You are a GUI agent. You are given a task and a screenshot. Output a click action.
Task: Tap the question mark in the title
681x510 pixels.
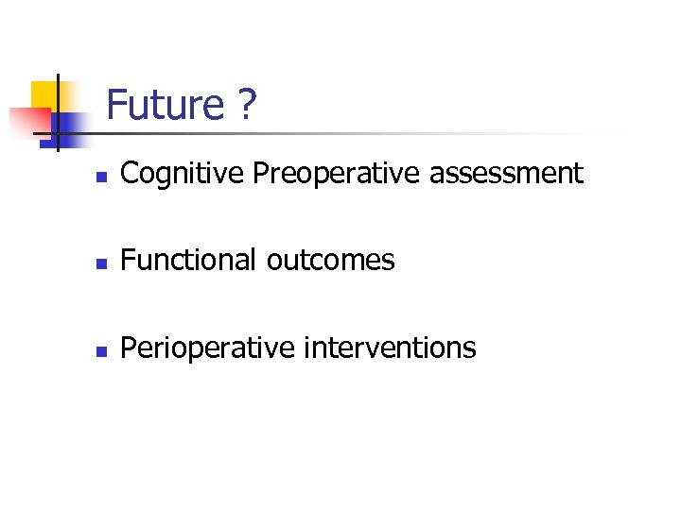pyautogui.click(x=246, y=105)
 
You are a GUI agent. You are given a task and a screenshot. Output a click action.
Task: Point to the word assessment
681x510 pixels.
pyautogui.click(x=504, y=173)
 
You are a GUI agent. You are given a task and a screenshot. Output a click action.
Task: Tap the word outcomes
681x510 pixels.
pyautogui.click(x=330, y=260)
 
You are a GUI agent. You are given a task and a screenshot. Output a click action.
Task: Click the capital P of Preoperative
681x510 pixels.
pyautogui.click(x=261, y=173)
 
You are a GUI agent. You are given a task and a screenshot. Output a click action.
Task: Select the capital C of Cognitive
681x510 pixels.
pyautogui.click(x=130, y=173)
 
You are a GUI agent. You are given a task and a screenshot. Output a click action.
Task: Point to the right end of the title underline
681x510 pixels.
pyautogui.click(x=624, y=133)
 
